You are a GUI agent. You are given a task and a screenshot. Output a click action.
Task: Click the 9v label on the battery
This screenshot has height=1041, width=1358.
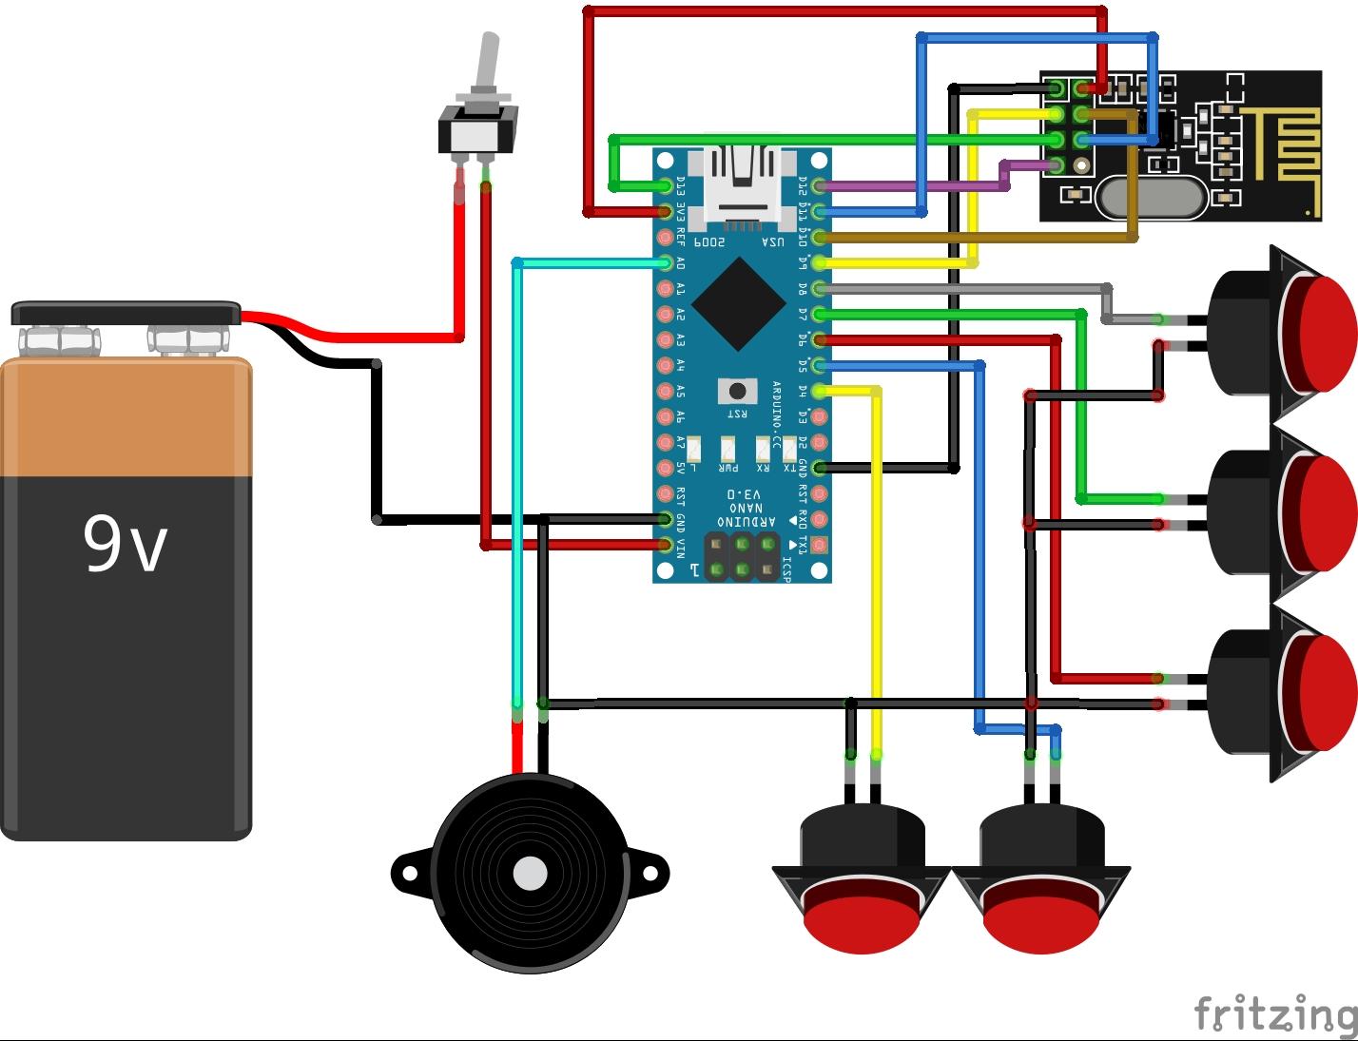125,544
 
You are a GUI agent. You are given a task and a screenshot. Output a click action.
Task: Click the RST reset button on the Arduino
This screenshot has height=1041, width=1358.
737,391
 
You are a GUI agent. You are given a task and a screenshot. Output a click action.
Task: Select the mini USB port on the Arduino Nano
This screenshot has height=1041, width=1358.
743,186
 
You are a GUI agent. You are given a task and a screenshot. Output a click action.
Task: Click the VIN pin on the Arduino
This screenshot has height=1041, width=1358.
667,545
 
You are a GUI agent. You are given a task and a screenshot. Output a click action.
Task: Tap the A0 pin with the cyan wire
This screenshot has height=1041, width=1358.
667,262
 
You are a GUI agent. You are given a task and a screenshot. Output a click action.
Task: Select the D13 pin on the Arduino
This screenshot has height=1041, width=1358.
667,184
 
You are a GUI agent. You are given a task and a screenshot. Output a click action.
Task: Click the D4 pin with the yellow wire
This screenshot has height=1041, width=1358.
818,391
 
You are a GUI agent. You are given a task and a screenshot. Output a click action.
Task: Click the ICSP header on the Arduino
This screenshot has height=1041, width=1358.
741,556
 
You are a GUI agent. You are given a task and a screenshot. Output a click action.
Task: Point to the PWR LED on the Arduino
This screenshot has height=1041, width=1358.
728,448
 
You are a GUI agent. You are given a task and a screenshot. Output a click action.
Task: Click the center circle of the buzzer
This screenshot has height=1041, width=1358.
530,873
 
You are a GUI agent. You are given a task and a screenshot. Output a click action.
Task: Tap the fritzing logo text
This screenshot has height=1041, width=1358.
1275,1013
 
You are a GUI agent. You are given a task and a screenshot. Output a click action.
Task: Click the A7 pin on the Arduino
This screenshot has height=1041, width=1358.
667,442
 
